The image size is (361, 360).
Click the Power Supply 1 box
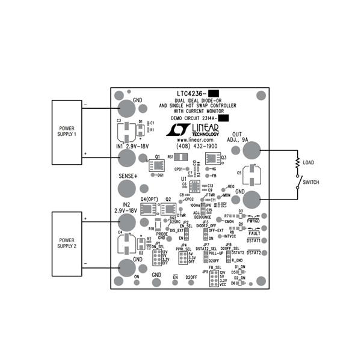[x=66, y=132]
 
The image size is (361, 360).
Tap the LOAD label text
[x=308, y=162]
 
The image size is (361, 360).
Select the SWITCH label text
[x=310, y=182]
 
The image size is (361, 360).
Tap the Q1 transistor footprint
[x=157, y=166]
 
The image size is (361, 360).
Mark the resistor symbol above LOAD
[x=297, y=162]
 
